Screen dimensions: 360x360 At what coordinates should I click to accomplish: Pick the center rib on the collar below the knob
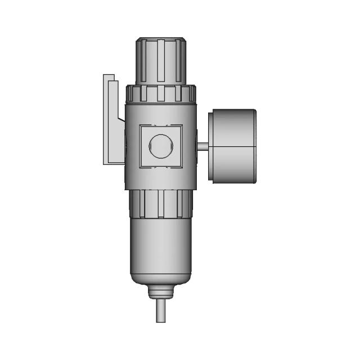pyautogui.click(x=161, y=93)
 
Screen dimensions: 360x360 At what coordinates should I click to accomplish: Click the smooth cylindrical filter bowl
pyautogui.click(x=161, y=247)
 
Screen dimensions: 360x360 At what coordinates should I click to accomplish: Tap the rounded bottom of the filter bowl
pyautogui.click(x=161, y=280)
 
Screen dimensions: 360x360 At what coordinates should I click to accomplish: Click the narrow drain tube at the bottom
pyautogui.click(x=161, y=312)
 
